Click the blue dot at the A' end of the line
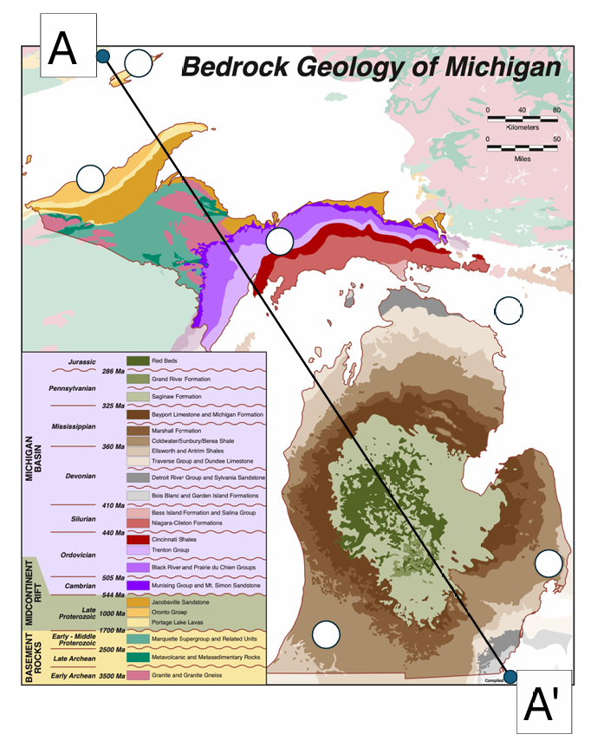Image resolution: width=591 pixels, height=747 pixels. (511, 677)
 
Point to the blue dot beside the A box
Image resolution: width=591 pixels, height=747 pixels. (102, 57)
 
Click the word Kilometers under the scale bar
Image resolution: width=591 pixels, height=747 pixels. (522, 127)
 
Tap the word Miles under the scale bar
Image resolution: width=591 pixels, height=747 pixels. (522, 159)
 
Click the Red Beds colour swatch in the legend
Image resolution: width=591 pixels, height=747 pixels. (137, 361)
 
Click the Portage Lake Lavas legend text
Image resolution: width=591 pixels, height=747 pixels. (179, 625)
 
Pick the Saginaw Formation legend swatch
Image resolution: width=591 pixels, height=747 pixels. (137, 396)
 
